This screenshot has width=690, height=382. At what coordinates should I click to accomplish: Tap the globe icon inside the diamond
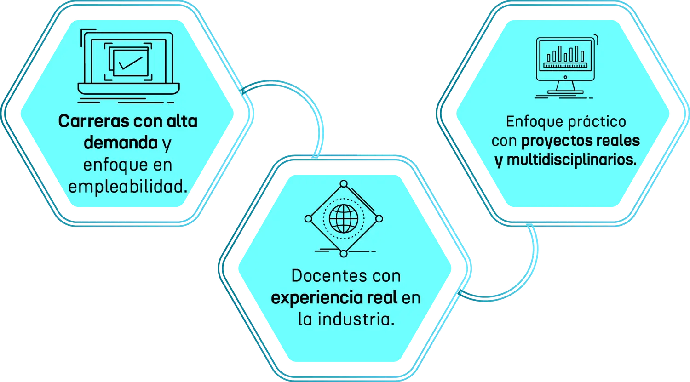coord(343,218)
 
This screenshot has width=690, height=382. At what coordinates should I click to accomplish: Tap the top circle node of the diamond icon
coord(343,183)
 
